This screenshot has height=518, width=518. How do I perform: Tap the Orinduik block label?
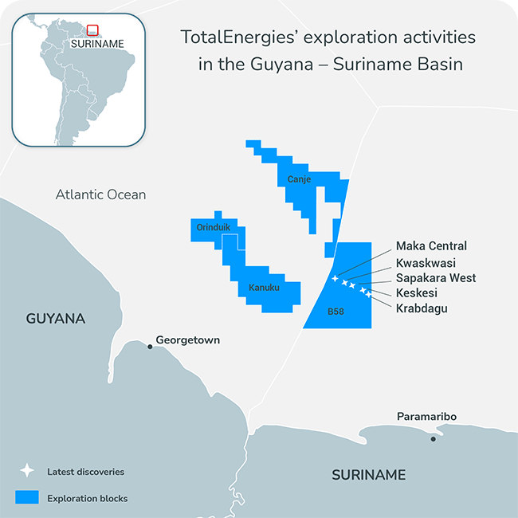click(213, 227)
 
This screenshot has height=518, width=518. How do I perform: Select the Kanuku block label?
click(264, 288)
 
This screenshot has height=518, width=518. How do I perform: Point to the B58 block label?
click(336, 312)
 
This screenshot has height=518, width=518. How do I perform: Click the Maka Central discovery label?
click(431, 246)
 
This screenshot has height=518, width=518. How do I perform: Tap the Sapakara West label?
click(435, 277)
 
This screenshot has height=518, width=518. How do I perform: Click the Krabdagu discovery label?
click(421, 308)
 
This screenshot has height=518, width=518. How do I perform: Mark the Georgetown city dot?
click(150, 346)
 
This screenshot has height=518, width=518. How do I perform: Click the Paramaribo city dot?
click(434, 438)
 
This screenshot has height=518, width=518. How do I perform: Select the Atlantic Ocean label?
click(100, 194)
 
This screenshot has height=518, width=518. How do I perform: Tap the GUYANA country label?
click(56, 319)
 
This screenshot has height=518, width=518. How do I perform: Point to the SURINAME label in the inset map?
click(97, 44)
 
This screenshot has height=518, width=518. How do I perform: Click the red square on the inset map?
click(92, 30)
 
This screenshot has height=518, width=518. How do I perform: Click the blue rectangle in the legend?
click(27, 498)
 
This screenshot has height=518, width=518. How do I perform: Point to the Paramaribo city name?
click(426, 417)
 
